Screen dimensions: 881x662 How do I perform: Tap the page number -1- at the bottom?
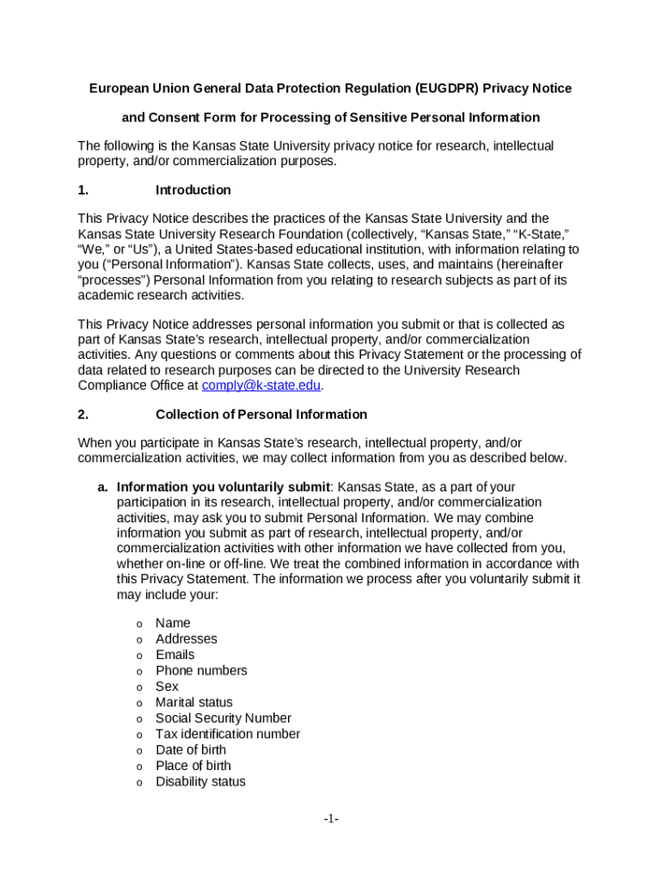[x=331, y=820]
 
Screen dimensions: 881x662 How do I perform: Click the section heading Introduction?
[x=193, y=189]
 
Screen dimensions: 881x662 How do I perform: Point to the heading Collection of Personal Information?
[x=261, y=414]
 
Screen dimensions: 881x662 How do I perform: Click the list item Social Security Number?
[x=223, y=718]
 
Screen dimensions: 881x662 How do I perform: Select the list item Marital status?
[x=193, y=702]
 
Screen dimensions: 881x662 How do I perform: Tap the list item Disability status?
[x=200, y=781]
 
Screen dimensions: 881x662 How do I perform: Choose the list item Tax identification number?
[x=228, y=734]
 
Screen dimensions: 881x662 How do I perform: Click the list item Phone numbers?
[x=201, y=670]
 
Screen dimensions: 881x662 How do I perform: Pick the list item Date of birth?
[x=191, y=749]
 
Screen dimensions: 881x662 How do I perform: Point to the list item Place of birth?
[x=193, y=766]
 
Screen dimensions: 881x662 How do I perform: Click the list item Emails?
[x=175, y=655]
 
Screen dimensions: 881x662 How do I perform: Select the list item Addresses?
[x=187, y=638]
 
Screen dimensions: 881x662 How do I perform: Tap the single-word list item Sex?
[x=167, y=687]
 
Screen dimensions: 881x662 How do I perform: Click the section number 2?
[x=83, y=414]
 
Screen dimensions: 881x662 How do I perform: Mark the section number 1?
[x=83, y=189]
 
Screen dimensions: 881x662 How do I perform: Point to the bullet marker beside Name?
[x=138, y=624]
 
